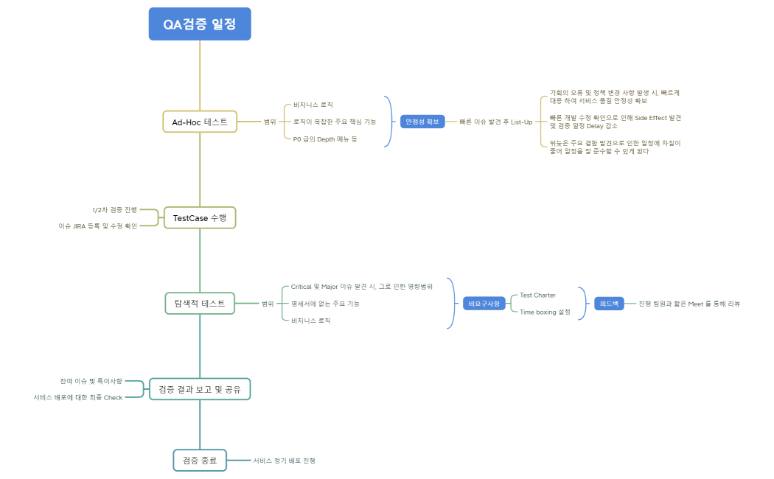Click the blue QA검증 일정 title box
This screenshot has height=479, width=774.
pyautogui.click(x=200, y=24)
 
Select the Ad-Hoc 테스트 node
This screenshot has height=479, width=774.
pyautogui.click(x=200, y=122)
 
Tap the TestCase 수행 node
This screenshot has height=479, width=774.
pyautogui.click(x=200, y=217)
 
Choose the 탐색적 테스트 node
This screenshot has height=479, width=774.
pyautogui.click(x=200, y=303)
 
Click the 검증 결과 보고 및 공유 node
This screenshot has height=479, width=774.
pyautogui.click(x=200, y=388)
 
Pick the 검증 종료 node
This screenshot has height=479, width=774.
pyautogui.click(x=200, y=460)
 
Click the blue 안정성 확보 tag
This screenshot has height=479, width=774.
pyautogui.click(x=422, y=122)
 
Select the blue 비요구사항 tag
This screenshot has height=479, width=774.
pyautogui.click(x=484, y=304)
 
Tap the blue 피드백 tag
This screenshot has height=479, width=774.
pyautogui.click(x=610, y=304)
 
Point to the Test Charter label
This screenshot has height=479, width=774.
pyautogui.click(x=537, y=295)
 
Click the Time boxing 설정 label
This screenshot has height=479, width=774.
pyautogui.click(x=545, y=312)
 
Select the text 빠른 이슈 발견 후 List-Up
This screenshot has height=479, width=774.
pyautogui.click(x=495, y=122)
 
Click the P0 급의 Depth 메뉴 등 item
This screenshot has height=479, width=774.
pyautogui.click(x=324, y=139)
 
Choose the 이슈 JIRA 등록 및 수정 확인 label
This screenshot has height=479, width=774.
pyautogui.click(x=97, y=225)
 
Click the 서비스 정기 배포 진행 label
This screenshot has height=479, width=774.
pyautogui.click(x=284, y=460)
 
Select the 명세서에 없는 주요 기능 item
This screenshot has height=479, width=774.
pyautogui.click(x=325, y=303)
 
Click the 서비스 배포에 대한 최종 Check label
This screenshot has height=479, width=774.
pyautogui.click(x=77, y=397)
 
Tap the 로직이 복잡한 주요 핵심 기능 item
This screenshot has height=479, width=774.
pyautogui.click(x=334, y=122)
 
